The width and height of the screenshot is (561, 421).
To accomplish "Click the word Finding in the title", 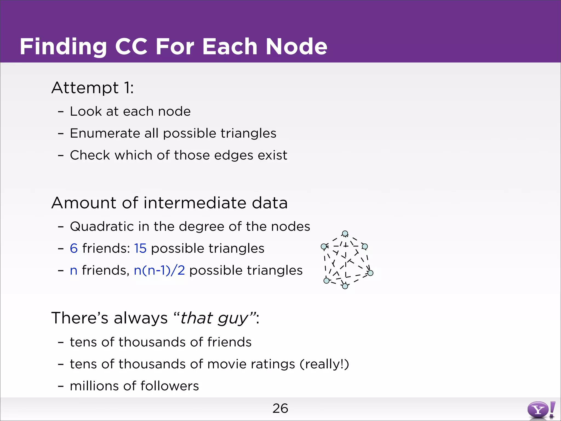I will click(63, 47).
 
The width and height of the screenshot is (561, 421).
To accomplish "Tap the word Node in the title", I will click(296, 47).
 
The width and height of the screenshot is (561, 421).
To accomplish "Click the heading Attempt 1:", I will click(93, 88).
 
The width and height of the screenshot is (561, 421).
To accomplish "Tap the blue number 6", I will click(74, 249).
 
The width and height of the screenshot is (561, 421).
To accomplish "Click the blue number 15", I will click(140, 249).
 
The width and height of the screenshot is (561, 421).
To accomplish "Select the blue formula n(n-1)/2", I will click(159, 271).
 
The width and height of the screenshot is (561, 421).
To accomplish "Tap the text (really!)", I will click(324, 364).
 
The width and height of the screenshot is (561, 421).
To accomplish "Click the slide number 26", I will click(280, 408).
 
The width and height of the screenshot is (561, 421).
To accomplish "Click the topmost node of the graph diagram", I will click(345, 234).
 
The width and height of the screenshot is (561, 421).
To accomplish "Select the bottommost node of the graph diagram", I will click(345, 286).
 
